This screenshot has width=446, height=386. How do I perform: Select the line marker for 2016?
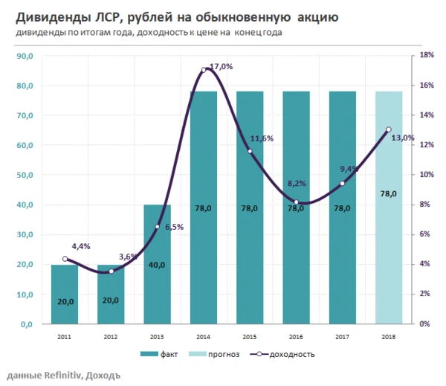(x=296, y=202)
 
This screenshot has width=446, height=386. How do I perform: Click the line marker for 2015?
(x=250, y=152)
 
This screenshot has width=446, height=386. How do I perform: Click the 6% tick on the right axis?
(x=424, y=234)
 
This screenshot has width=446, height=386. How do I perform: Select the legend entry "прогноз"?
(x=224, y=354)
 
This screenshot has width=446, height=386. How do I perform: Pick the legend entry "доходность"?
(x=294, y=354)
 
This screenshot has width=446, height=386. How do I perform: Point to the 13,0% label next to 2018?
(x=402, y=138)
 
